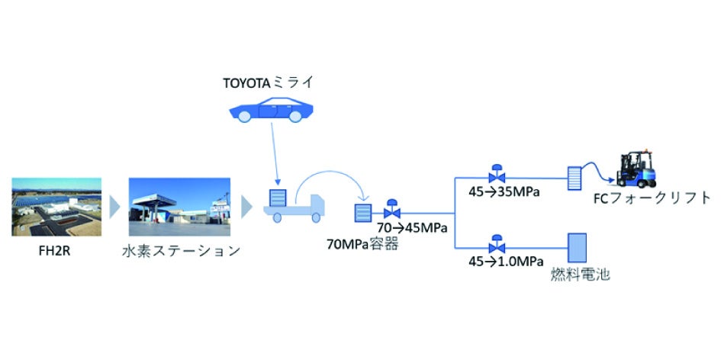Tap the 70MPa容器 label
coord(362,245)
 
